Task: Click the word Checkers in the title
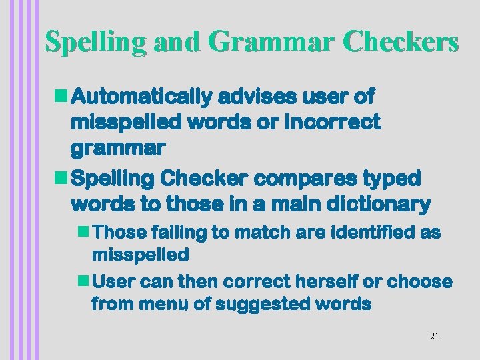pyautogui.click(x=401, y=41)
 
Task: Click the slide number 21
pyautogui.click(x=434, y=337)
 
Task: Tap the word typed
pyautogui.click(x=394, y=179)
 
